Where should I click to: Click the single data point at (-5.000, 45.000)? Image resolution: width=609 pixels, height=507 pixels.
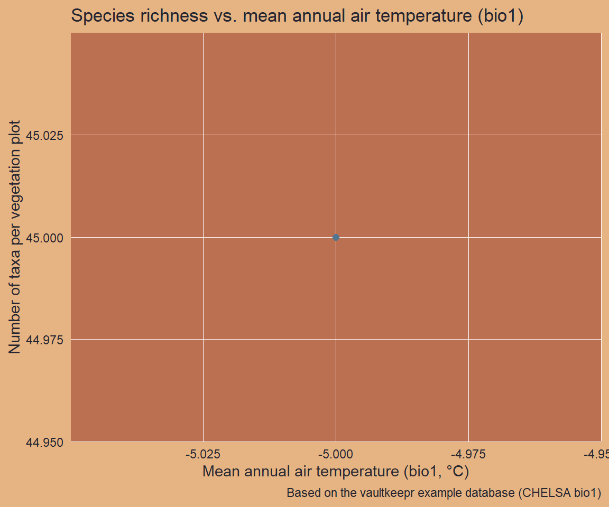336,237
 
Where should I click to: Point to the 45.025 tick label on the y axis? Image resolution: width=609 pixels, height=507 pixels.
45,136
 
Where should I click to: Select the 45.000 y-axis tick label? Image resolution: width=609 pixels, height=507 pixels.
45,238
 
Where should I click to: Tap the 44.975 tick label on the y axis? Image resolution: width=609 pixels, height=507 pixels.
45,340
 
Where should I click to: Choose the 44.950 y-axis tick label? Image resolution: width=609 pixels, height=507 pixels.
45,442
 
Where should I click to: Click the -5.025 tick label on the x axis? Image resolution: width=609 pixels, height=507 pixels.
203,454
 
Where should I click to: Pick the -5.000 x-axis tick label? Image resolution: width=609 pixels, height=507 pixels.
336,454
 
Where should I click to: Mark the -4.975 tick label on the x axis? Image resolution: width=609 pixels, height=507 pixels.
468,454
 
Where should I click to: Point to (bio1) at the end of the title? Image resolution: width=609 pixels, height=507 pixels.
499,16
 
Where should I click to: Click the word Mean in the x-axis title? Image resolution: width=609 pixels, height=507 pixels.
219,471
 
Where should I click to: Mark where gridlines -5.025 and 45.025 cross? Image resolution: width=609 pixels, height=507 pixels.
203,135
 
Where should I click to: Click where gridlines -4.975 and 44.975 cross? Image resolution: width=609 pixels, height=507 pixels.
468,340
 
